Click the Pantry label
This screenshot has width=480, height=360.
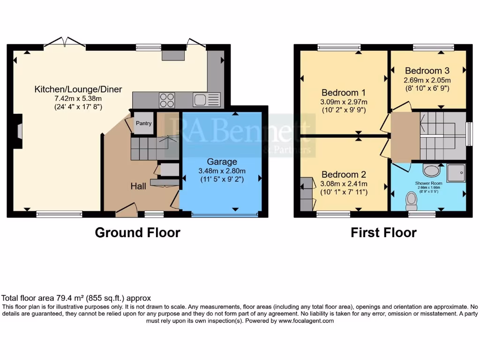tap(143, 123)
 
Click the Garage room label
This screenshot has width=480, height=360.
tap(222, 162)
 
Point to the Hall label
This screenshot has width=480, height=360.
tap(138, 186)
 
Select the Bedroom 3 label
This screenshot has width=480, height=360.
tap(427, 71)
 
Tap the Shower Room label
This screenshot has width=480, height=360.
tap(428, 183)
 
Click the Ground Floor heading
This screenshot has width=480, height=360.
tap(137, 232)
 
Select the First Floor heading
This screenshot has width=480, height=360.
tap(383, 232)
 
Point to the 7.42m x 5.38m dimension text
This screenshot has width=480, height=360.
tap(78, 98)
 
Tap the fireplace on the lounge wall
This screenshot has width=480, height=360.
tap(17, 131)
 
